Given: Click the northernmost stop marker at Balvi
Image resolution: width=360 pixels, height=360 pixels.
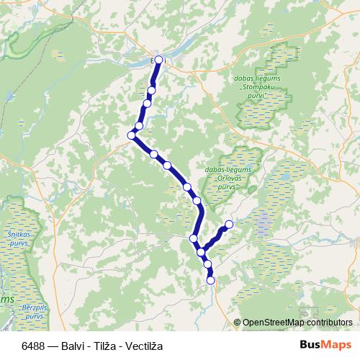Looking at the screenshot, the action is pyautogui.click(x=158, y=60).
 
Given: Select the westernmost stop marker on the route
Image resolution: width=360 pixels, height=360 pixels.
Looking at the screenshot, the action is pyautogui.click(x=132, y=135).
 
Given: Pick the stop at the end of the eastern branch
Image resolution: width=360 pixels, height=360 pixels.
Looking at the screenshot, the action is pyautogui.click(x=230, y=225).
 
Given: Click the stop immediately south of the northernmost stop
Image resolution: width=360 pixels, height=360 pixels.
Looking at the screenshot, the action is pyautogui.click(x=152, y=90).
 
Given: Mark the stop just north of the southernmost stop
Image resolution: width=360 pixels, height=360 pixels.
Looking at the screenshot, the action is pyautogui.click(x=209, y=264).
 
